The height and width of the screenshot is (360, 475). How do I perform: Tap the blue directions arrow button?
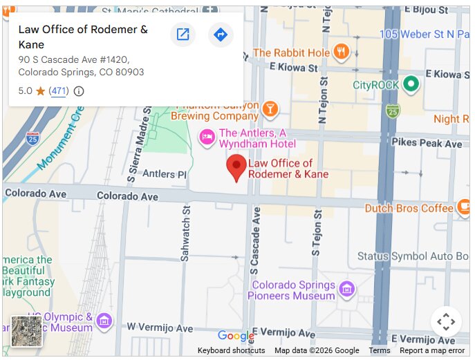pos(221,35)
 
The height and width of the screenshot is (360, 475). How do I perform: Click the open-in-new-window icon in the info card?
pos(183,35)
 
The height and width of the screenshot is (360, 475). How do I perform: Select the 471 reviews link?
pos(59,91)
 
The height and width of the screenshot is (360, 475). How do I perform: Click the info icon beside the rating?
pos(79,91)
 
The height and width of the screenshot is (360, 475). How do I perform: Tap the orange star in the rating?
pos(41,91)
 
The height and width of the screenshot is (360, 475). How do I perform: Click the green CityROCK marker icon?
pos(411,84)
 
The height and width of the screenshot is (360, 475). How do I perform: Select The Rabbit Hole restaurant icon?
pos(340,53)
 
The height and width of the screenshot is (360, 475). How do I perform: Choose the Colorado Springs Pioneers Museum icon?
pos(347,288)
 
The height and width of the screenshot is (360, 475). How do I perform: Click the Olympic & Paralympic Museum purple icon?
pos(104,321)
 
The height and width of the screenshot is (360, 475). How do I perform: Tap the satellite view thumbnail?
pos(27,331)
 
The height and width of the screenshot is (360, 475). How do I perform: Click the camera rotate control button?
pos(446,321)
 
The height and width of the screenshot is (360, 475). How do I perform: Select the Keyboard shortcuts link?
pos(231,350)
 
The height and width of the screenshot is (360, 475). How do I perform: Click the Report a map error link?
pos(432,350)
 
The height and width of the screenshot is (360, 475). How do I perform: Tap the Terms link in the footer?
pos(380,350)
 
